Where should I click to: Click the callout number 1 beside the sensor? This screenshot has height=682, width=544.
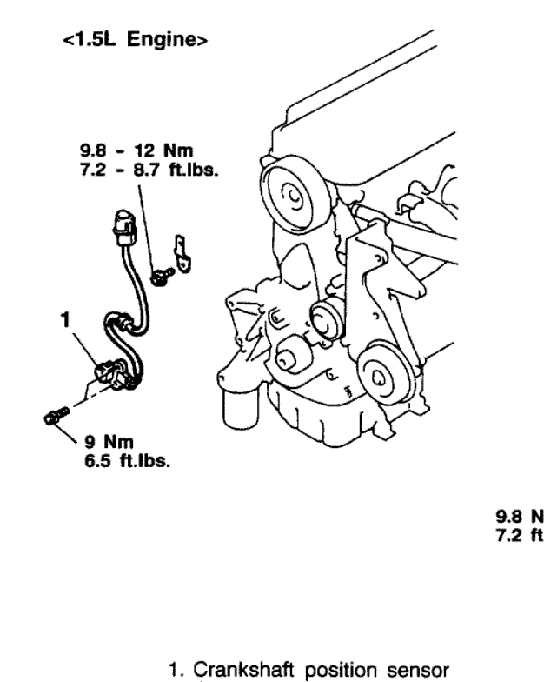[x=63, y=320]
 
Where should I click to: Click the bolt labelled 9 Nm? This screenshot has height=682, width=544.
[x=51, y=417]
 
